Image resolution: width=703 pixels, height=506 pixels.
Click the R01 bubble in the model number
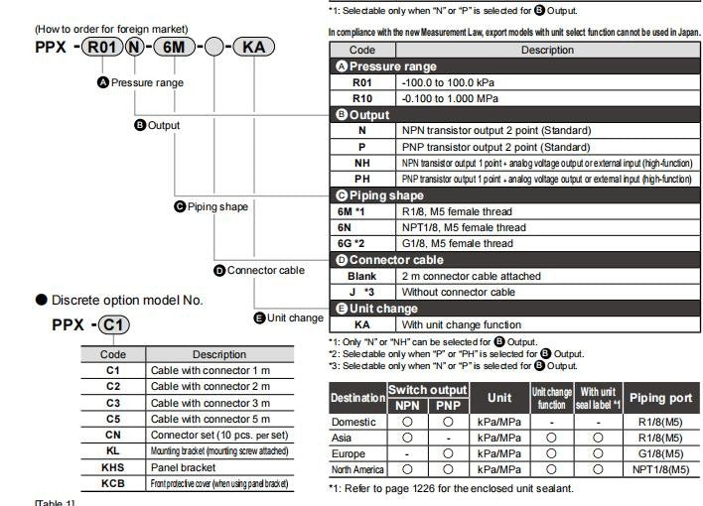coord(103,48)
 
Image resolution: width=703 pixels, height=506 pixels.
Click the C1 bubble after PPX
coord(114,324)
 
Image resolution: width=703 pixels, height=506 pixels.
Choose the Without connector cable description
coord(458,292)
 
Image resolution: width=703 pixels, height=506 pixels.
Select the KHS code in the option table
coord(112,467)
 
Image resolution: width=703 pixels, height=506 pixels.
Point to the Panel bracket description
coord(183,467)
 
